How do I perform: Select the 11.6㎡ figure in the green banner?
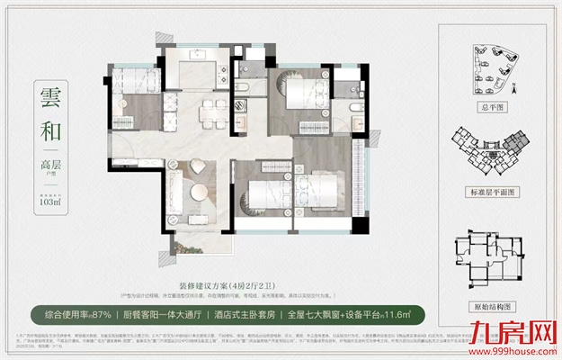coord(399,314)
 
